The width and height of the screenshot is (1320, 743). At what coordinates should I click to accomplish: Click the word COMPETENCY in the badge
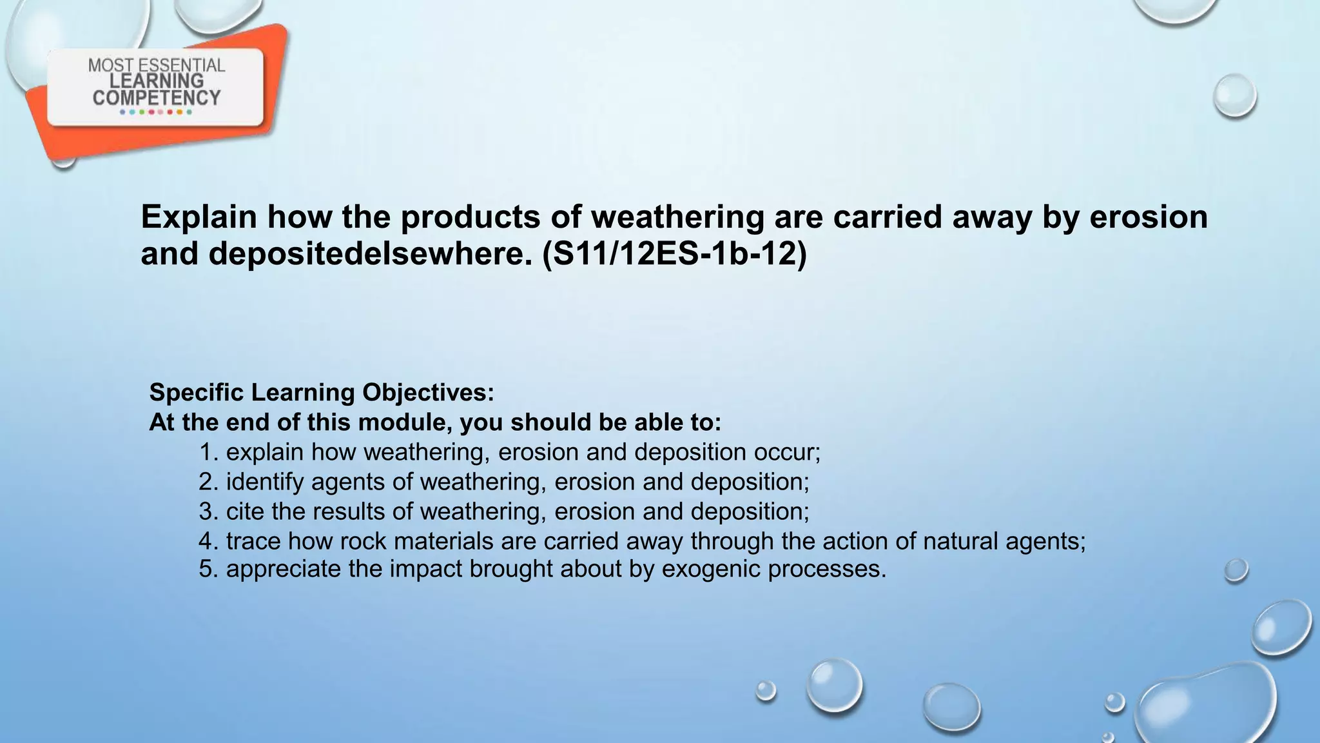pos(157,98)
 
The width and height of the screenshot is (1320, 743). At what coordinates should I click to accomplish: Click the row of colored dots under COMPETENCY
pos(156,112)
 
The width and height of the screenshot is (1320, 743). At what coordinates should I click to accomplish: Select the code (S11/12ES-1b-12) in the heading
pos(674,253)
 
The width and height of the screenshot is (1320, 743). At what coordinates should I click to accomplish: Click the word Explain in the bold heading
pos(199,217)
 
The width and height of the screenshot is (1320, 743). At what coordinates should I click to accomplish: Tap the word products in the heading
pos(470,217)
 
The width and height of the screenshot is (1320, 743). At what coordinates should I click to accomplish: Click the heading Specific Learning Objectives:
pos(322,392)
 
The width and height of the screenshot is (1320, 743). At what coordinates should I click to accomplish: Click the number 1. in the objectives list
pos(209,452)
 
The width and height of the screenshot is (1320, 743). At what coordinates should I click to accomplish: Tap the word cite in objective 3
pos(245,511)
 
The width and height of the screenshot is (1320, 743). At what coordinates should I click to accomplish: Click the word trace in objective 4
pos(253,540)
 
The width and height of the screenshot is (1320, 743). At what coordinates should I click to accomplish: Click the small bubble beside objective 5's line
pos(1236,570)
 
